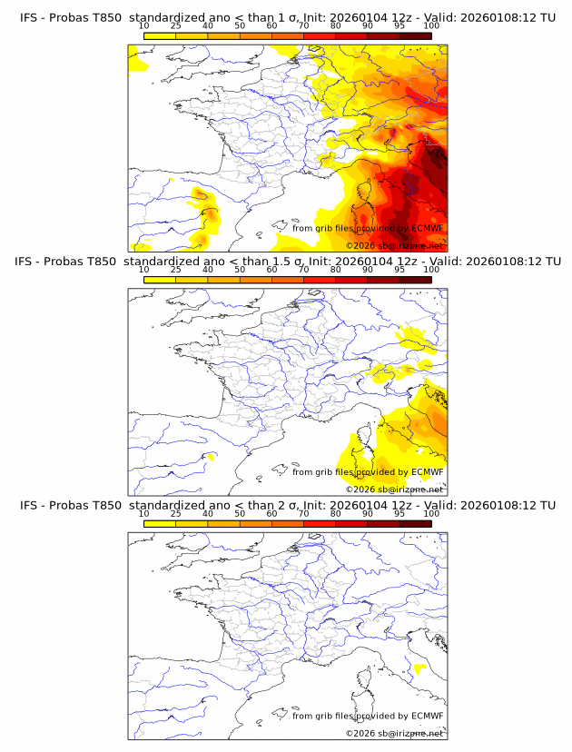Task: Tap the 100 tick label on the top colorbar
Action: click(431, 25)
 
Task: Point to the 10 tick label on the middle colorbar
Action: click(143, 270)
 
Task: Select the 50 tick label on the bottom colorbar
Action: click(240, 513)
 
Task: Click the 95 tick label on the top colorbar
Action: click(399, 25)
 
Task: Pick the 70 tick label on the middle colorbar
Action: click(303, 270)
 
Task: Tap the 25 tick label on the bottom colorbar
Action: click(175, 513)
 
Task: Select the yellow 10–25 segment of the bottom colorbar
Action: click(160, 524)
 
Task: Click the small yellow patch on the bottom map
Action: click(419, 669)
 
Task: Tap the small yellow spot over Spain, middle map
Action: click(211, 456)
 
